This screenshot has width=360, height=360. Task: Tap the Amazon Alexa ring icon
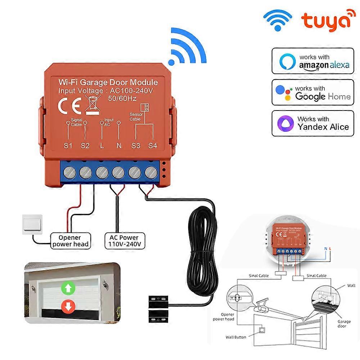click(287, 61)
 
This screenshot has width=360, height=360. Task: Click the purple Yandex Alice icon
click(284, 123)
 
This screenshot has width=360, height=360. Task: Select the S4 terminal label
click(153, 146)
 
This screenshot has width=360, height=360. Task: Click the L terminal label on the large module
click(102, 146)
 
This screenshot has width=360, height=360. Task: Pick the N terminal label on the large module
click(119, 146)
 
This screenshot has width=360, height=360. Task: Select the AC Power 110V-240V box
click(122, 241)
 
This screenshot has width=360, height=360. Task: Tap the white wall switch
click(32, 225)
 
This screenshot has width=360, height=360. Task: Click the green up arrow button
click(67, 288)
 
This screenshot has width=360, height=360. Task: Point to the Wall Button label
click(236, 337)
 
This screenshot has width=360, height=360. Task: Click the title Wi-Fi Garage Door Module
click(108, 82)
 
